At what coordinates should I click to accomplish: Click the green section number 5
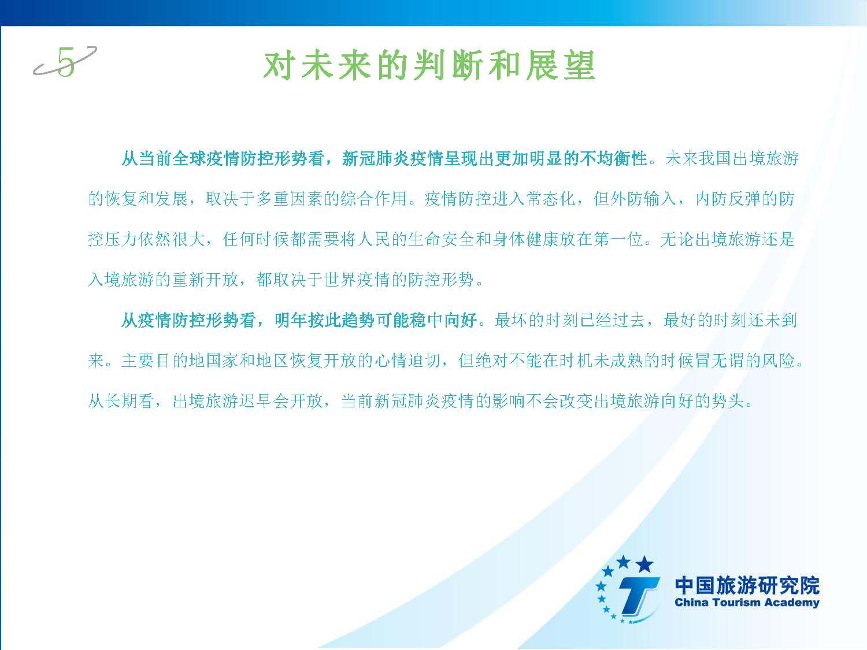(x=66, y=62)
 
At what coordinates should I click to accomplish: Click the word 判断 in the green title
(x=447, y=65)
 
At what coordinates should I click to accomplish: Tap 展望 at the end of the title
(x=561, y=65)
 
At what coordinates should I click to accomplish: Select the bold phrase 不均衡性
(x=614, y=159)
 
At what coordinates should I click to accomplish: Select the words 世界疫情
(x=357, y=280)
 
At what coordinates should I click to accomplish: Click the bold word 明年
(x=291, y=320)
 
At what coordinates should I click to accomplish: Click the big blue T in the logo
(x=637, y=596)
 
